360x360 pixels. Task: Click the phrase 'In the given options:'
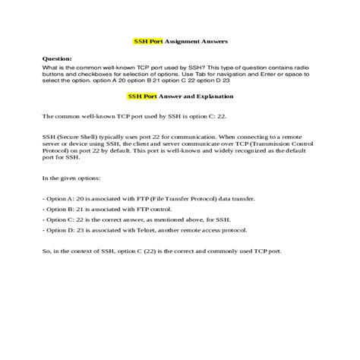[x=74, y=179]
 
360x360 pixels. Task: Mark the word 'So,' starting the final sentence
[x=48, y=250]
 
